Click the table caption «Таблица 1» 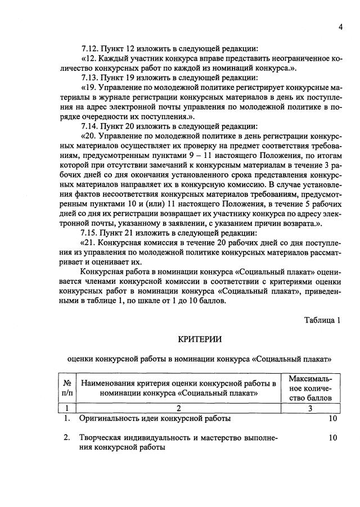click(322, 320)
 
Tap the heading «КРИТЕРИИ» click(200, 338)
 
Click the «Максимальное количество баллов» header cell click(310, 388)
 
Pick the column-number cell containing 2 click(178, 409)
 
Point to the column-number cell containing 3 click(310, 409)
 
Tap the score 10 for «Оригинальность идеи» click(332, 419)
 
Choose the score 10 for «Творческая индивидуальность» click(332, 437)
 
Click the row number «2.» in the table click(66, 437)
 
